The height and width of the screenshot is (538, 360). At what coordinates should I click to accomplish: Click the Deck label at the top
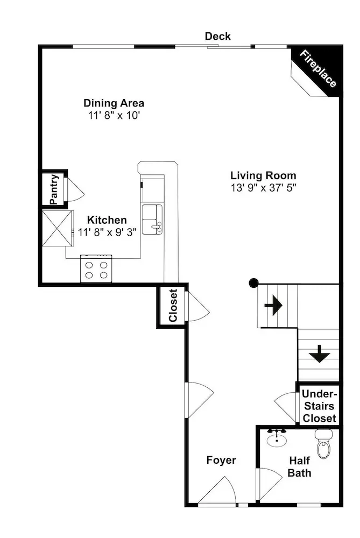tap(217, 36)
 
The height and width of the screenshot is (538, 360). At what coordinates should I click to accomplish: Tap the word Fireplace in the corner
tap(318, 69)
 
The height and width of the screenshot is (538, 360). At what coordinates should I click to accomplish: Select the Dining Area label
tap(114, 103)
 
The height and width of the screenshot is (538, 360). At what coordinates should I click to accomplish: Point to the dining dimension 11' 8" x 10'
tap(114, 115)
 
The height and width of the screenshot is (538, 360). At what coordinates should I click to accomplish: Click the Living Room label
tap(263, 175)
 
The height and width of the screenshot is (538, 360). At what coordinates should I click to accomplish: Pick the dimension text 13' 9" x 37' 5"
tap(263, 188)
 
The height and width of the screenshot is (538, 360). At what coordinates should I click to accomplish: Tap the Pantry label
tap(54, 189)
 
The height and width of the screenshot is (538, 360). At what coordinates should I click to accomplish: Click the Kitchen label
tap(107, 220)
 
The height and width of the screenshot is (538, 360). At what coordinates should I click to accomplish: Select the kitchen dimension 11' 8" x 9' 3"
tap(107, 232)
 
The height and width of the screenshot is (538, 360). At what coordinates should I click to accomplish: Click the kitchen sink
tap(152, 220)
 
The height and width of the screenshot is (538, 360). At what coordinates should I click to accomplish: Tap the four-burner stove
tap(96, 268)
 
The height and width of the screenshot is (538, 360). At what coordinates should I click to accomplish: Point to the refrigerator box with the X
tap(58, 228)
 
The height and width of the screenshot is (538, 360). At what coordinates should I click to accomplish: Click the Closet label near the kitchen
tap(173, 306)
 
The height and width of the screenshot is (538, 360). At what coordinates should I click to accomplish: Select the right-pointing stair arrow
tap(273, 305)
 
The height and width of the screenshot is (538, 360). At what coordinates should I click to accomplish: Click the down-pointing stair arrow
tap(320, 354)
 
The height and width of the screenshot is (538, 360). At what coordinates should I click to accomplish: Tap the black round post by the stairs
tap(253, 283)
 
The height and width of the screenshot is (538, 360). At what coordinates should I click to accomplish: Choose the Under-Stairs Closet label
tap(319, 406)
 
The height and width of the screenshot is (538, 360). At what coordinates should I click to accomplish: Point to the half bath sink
tap(277, 438)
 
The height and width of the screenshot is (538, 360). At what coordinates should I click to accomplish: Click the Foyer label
tap(221, 460)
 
